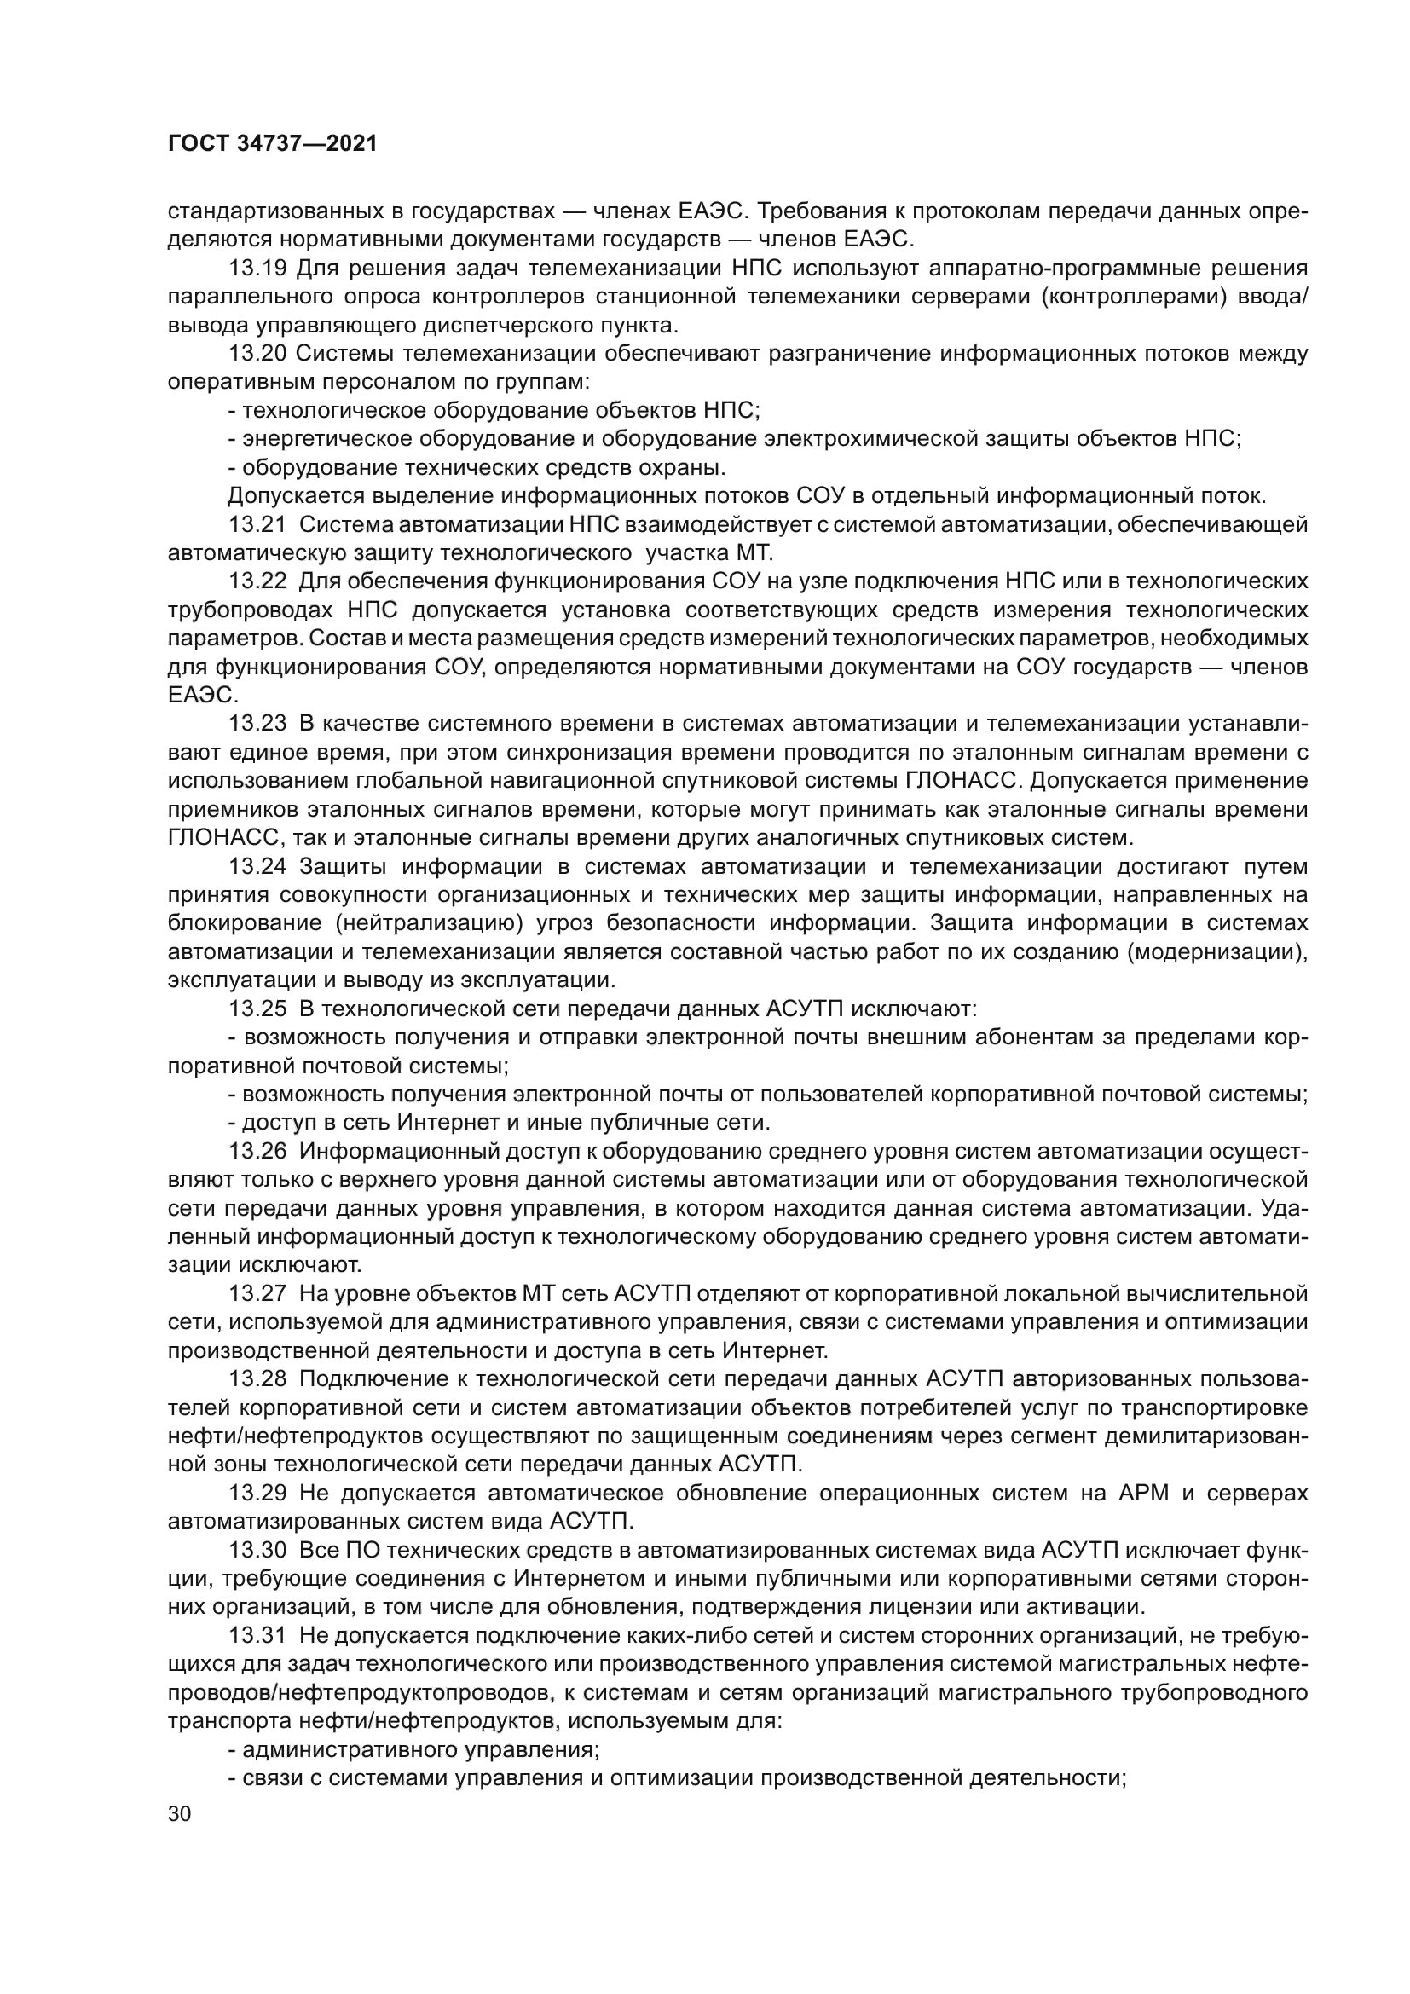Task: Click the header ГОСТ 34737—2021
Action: [272, 144]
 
